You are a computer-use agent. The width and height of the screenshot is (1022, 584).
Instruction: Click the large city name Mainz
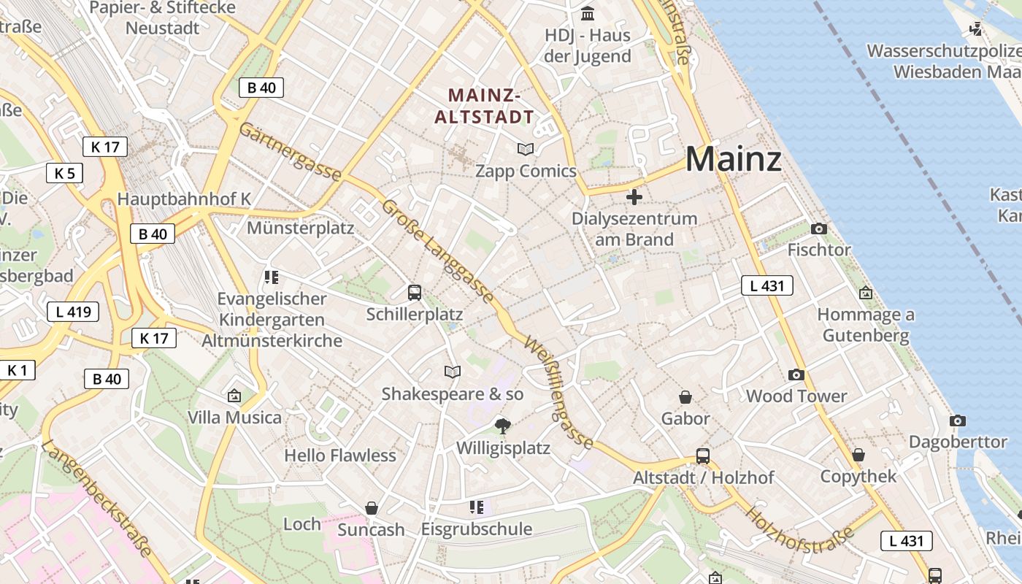[x=733, y=159]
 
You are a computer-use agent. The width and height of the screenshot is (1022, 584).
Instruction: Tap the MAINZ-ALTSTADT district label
[x=485, y=106]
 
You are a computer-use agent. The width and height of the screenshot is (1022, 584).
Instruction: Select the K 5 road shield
[x=64, y=173]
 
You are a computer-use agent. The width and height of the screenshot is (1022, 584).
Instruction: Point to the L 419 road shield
[x=73, y=312]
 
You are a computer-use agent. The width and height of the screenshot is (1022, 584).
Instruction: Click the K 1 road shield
[x=17, y=370]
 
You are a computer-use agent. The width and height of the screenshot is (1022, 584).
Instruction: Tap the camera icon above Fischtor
[x=819, y=229]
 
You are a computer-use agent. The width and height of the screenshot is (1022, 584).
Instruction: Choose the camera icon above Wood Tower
[x=796, y=375]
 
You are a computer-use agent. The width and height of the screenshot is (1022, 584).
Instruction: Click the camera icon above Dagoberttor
[x=958, y=421]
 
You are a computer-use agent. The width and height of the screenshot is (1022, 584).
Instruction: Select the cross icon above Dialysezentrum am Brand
[x=634, y=197]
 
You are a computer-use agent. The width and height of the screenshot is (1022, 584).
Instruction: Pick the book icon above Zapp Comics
[x=526, y=150]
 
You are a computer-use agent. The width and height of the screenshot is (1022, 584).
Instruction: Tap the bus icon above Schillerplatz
[x=415, y=293]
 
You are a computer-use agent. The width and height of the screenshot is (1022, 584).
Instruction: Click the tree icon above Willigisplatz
[x=502, y=426]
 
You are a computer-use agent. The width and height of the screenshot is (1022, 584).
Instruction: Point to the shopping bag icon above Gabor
[x=685, y=397]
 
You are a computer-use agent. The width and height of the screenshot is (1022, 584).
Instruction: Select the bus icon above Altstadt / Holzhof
[x=703, y=456]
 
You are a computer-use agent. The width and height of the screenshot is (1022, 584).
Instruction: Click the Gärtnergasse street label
[x=291, y=152]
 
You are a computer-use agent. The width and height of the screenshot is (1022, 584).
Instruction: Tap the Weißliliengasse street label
[x=558, y=392]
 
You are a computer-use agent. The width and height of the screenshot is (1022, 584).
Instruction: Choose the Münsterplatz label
[x=300, y=228]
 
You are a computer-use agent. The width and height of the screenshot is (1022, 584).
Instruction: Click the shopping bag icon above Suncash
[x=372, y=508]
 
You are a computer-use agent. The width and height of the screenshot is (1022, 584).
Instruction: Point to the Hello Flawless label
[x=340, y=456]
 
